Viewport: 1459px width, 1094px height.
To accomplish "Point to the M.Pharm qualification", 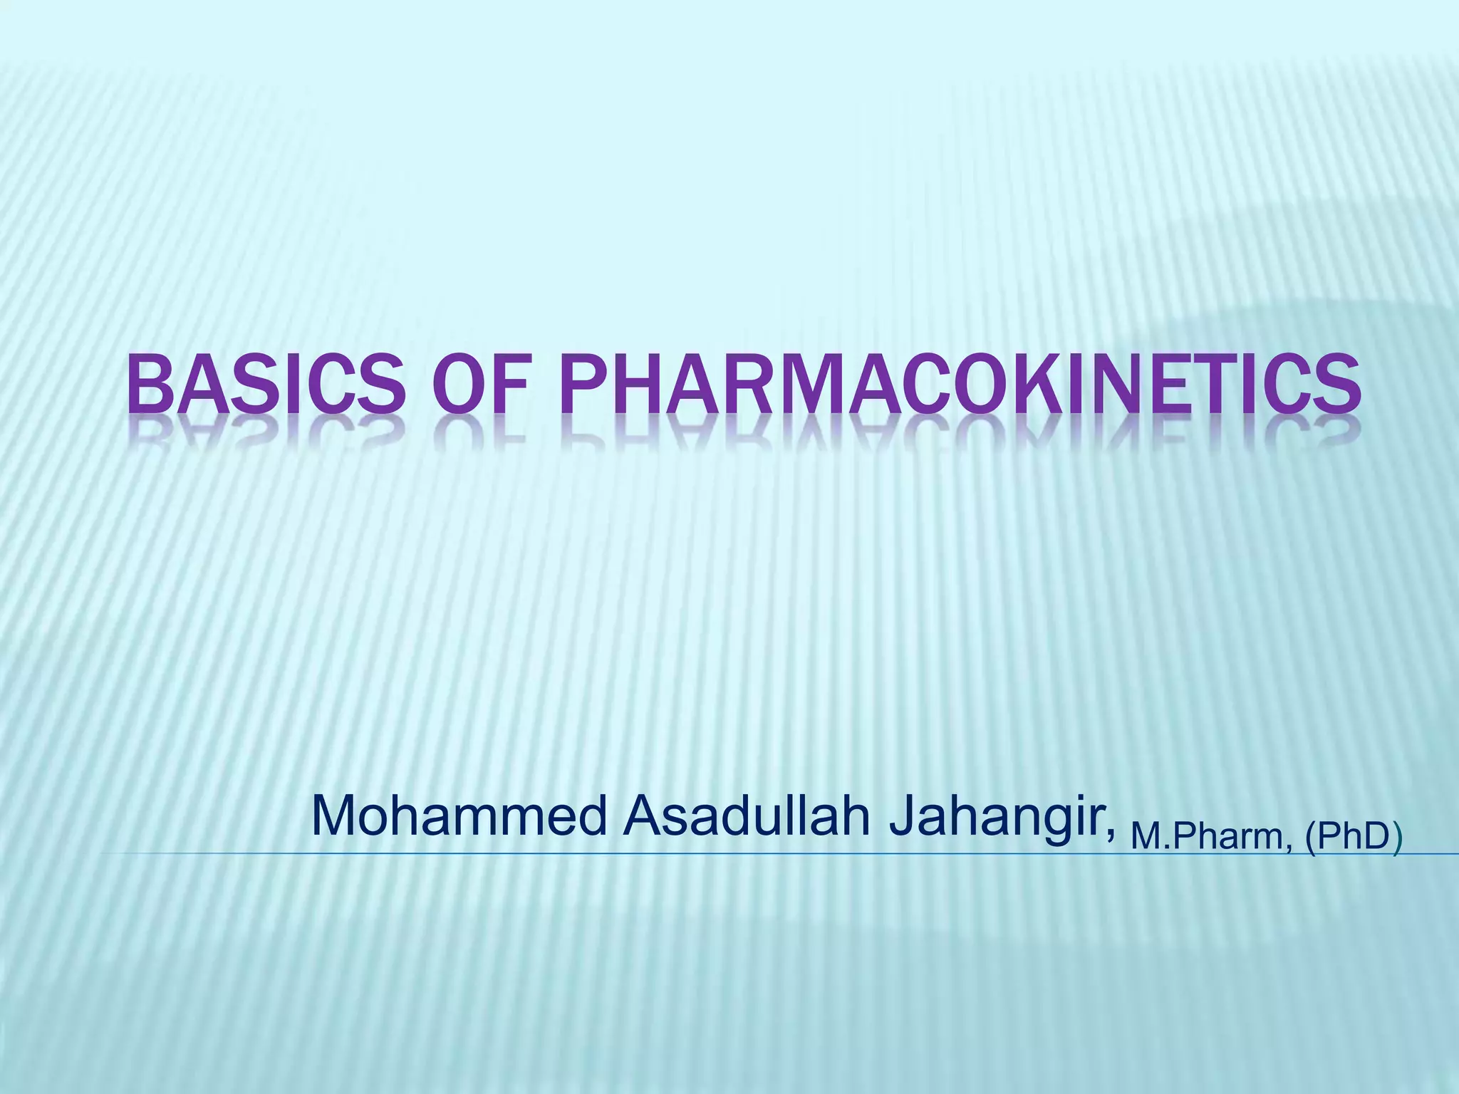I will pos(1210,836).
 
